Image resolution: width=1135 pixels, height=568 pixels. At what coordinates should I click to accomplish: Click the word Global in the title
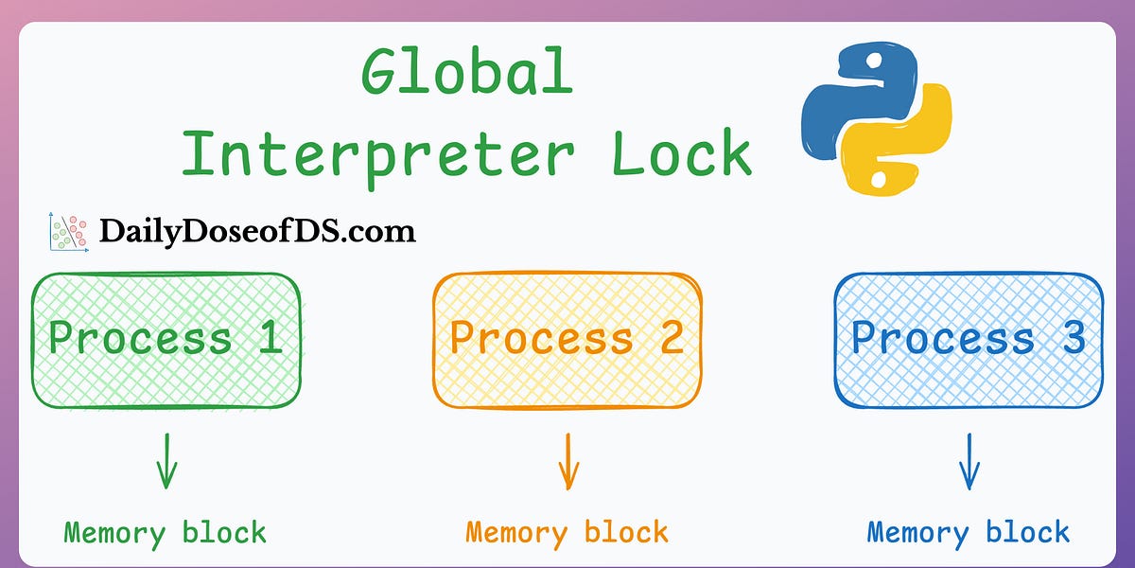(x=467, y=73)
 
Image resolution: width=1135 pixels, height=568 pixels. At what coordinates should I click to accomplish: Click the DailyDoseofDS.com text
(x=257, y=231)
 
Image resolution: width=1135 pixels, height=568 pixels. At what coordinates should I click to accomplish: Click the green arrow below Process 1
(x=166, y=461)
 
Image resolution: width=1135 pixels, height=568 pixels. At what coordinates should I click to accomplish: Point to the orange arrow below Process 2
(x=567, y=461)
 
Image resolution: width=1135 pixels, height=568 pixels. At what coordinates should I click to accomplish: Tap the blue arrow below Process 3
(x=968, y=461)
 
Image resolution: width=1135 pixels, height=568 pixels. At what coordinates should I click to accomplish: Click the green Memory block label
(x=166, y=532)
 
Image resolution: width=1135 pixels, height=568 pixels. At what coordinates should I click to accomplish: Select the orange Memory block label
(x=567, y=532)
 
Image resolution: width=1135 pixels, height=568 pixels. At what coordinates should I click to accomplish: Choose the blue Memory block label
(x=969, y=532)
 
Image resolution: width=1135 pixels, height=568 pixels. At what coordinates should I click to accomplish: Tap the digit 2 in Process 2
(x=672, y=338)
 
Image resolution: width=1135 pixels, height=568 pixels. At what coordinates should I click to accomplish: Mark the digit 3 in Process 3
(x=1073, y=338)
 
